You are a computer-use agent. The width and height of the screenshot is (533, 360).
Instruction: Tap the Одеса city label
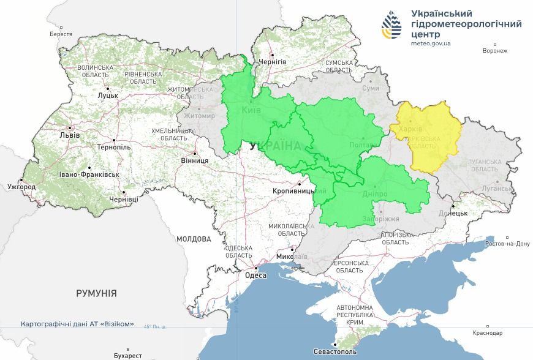(255, 276)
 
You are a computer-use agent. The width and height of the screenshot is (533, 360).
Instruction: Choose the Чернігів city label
(273, 62)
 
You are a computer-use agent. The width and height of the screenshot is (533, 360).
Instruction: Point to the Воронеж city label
(495, 50)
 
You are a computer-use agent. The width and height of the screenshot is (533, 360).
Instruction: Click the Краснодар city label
(488, 333)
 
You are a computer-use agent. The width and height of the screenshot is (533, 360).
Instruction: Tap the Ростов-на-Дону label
(506, 243)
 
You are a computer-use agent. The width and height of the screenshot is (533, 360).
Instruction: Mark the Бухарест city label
(127, 355)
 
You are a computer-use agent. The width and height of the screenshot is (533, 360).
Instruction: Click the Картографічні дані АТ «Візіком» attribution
(77, 324)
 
